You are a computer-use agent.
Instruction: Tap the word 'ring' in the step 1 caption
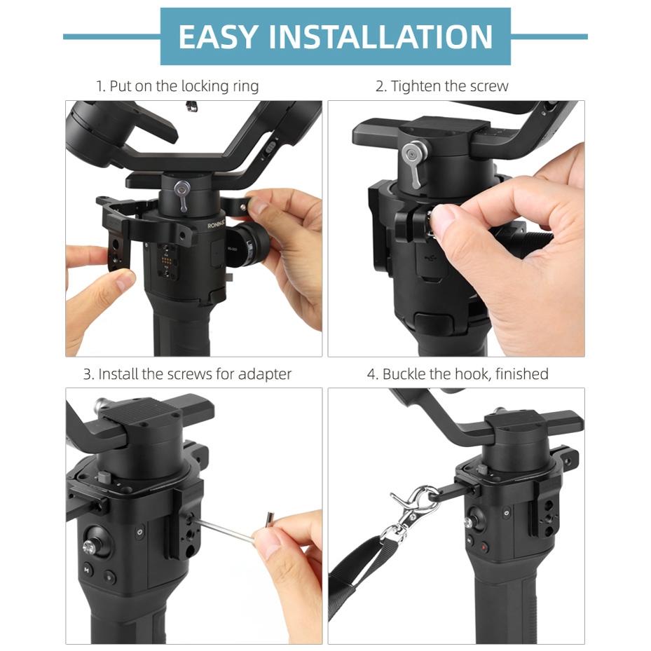[x=245, y=86]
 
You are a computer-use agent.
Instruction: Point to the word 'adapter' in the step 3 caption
[x=264, y=374]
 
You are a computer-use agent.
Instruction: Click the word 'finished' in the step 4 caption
[x=521, y=374]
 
